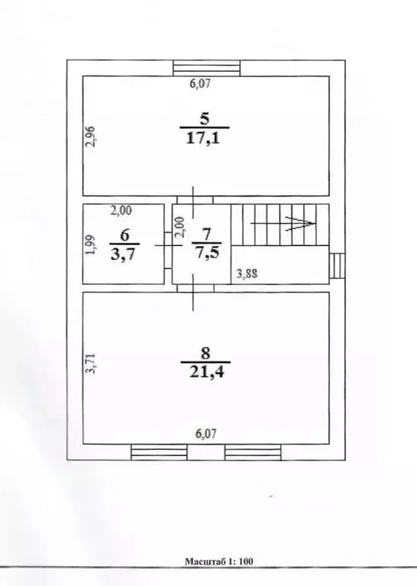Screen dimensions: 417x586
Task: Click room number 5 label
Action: [205, 119]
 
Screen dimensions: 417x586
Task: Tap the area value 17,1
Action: [204, 138]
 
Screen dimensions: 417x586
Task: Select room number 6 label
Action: [124, 235]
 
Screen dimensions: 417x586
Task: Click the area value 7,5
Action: [206, 254]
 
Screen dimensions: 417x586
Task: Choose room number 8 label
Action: [205, 353]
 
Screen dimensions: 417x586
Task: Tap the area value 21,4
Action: [207, 372]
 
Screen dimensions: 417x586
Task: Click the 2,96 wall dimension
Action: [91, 137]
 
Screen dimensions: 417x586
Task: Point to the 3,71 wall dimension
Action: [91, 364]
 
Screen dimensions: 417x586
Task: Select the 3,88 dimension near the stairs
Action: [247, 274]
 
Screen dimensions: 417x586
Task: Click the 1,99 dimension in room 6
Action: [91, 244]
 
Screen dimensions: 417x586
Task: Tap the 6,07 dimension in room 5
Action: [200, 83]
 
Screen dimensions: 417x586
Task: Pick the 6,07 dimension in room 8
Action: [206, 434]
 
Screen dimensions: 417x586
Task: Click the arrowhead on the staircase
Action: [301, 224]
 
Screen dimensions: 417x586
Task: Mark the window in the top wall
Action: [207, 68]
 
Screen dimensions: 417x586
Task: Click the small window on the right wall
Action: [337, 266]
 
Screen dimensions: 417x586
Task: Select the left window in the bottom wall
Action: [159, 452]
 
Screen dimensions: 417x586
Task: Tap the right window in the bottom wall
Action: [253, 452]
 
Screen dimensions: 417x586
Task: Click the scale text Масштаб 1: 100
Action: [218, 561]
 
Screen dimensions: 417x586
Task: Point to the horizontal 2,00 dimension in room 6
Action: [121, 210]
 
